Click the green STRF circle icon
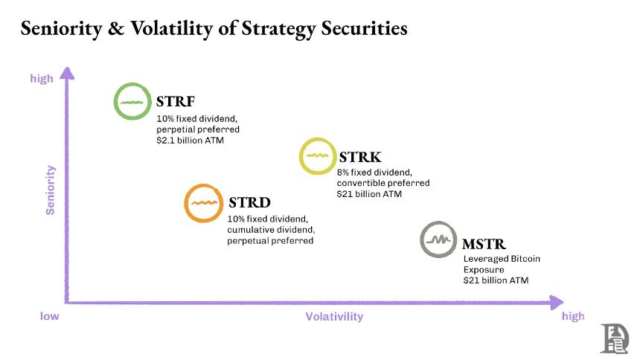[132, 101]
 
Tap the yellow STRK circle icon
[319, 156]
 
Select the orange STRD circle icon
[203, 203]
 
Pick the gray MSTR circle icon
[438, 240]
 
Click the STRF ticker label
[176, 102]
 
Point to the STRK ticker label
[360, 157]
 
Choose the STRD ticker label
[249, 202]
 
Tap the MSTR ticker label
[484, 243]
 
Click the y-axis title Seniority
[51, 190]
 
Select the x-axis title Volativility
[334, 317]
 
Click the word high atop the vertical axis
[42, 78]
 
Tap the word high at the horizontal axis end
[573, 316]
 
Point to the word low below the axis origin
[49, 316]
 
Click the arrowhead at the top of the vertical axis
[67, 73]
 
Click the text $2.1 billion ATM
[190, 140]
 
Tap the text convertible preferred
[383, 183]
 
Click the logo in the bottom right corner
[615, 338]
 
